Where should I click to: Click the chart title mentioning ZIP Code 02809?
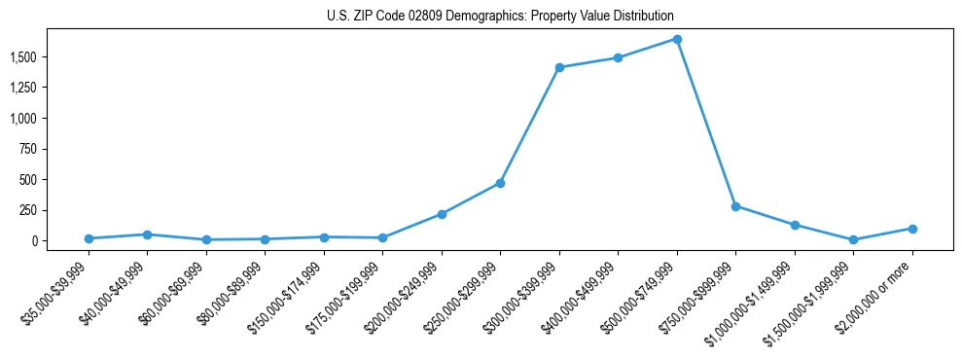pyautogui.click(x=500, y=17)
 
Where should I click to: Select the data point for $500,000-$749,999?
pyautogui.click(x=677, y=40)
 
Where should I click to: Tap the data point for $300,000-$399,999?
pyautogui.click(x=559, y=67)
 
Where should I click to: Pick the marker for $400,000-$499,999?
pyautogui.click(x=618, y=57)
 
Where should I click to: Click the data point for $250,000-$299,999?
pyautogui.click(x=500, y=183)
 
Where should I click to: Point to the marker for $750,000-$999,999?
pyautogui.click(x=735, y=206)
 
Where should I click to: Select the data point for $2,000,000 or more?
pyautogui.click(x=912, y=229)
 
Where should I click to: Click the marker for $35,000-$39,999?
pyautogui.click(x=89, y=238)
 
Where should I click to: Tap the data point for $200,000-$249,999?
pyautogui.click(x=442, y=214)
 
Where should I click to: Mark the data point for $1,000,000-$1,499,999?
pyautogui.click(x=795, y=225)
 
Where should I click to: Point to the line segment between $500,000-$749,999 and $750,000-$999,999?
pyautogui.click(x=706, y=124)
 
